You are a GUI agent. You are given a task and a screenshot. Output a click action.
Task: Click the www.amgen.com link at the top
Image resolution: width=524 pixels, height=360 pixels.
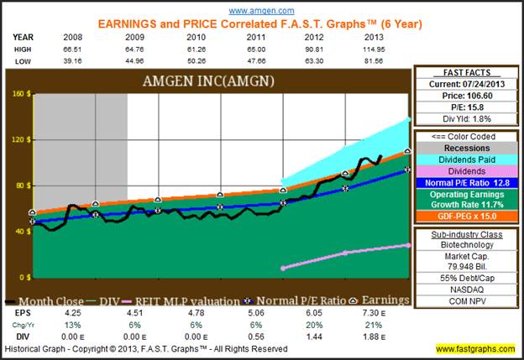click(x=261, y=10)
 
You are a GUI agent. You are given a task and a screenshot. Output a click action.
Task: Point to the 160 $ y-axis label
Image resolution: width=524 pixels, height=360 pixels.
click(x=18, y=94)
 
